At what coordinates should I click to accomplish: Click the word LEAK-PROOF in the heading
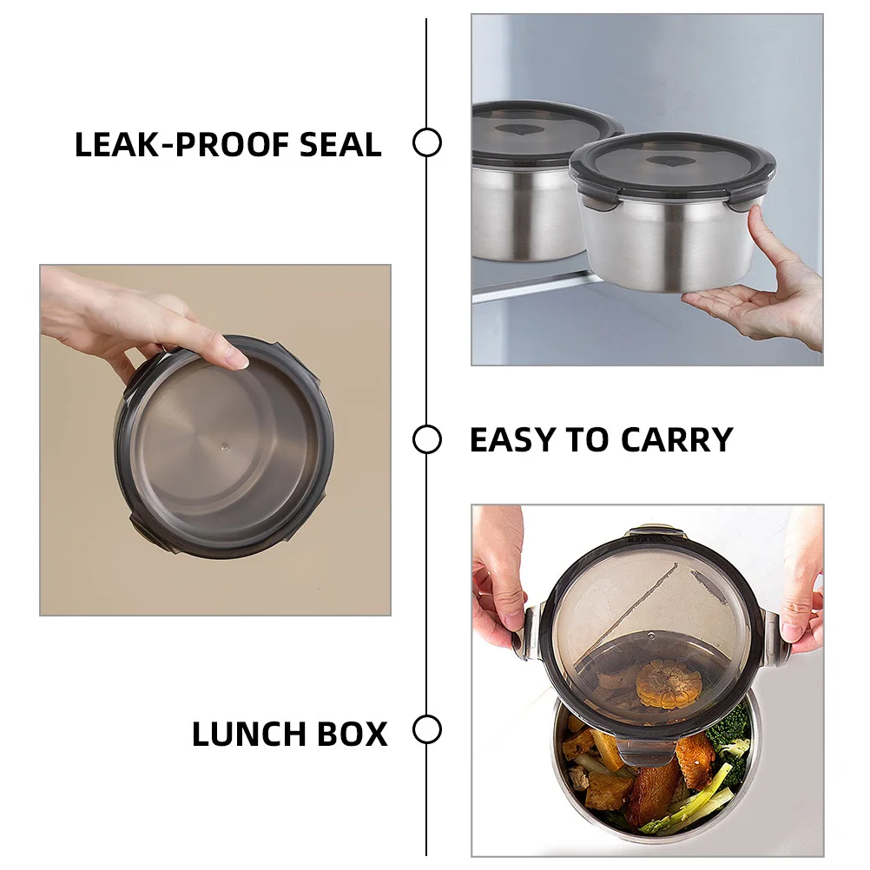point(181,145)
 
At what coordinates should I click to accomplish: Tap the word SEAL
point(340,145)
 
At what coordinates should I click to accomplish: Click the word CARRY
point(677,440)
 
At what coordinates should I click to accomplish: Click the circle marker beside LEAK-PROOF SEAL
point(427,142)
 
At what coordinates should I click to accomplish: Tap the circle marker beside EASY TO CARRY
point(427,439)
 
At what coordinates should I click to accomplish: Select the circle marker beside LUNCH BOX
point(427,729)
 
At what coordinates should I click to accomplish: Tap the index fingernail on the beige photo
point(238,359)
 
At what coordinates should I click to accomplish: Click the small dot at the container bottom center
point(224,445)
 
